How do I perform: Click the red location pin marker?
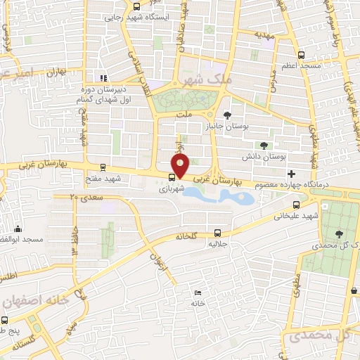tap(181, 165)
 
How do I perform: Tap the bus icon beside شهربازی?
tap(172, 176)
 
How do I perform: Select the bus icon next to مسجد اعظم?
tap(302, 55)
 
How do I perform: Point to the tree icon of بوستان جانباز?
tap(227, 115)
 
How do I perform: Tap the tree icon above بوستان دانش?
tap(264, 146)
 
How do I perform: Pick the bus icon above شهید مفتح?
tap(104, 167)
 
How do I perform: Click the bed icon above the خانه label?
tap(198, 292)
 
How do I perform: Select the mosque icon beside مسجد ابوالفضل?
tap(18, 229)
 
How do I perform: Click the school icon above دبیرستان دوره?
tap(104, 78)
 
